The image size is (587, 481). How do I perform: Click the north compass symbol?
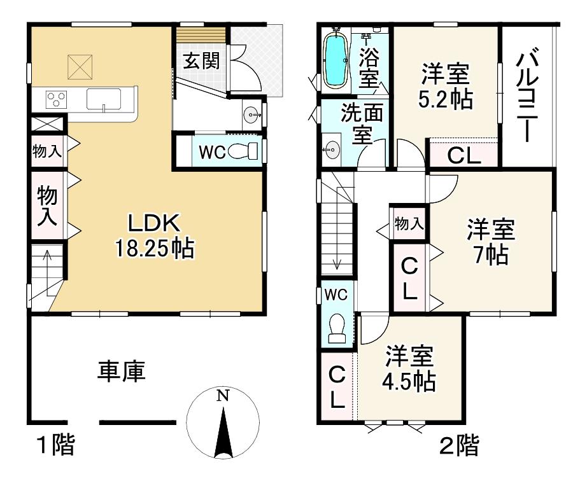(223, 421)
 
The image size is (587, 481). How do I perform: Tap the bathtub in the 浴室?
(335, 60)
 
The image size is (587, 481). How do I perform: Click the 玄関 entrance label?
(202, 61)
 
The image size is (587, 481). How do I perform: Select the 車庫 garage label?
(121, 371)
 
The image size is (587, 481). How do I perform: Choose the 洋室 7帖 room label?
(490, 242)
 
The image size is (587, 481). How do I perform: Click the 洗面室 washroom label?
(361, 124)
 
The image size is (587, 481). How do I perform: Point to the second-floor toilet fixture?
(336, 328)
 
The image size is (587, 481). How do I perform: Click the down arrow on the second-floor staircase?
(337, 262)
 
